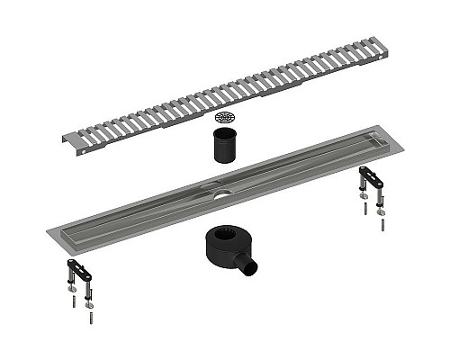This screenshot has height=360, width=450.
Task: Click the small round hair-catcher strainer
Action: coord(224,118)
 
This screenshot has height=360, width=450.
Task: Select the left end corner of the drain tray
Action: coord(51,237)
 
